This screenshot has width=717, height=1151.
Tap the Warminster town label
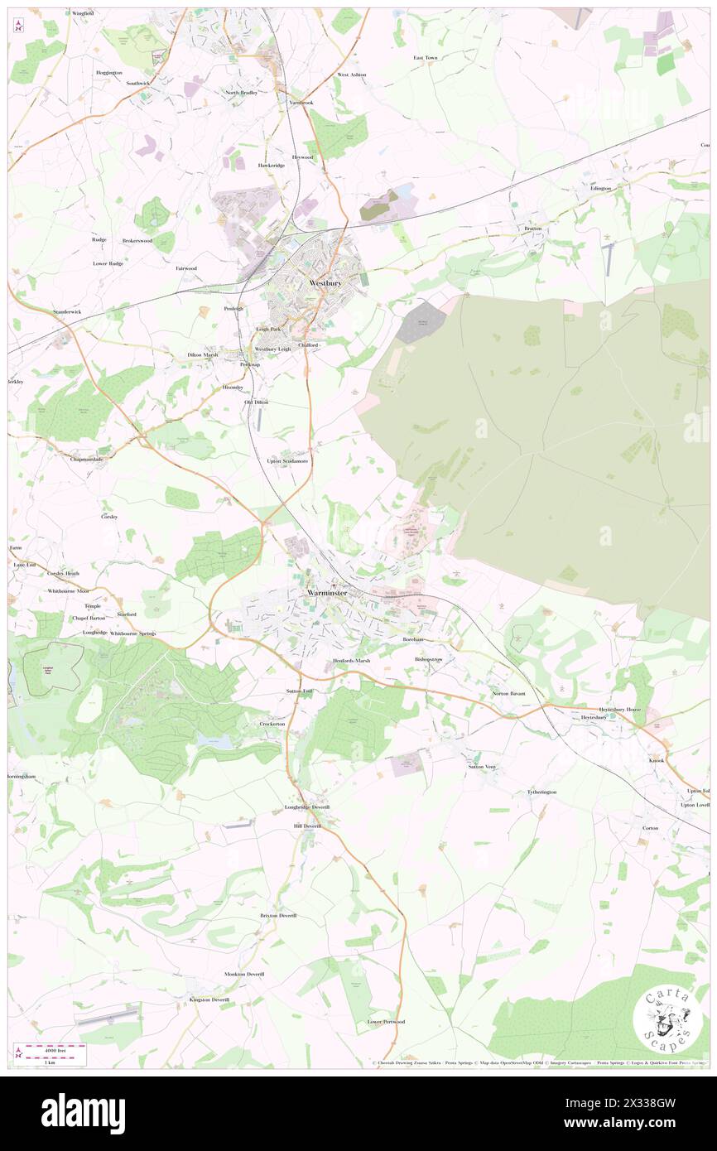[325, 594]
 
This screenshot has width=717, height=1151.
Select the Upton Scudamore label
[287, 460]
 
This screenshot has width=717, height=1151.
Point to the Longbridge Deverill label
[307, 807]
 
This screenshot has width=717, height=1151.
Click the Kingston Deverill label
[209, 999]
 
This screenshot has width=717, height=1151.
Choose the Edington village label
[600, 188]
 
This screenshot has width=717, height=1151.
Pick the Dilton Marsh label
[203, 354]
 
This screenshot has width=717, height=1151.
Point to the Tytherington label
[542, 792]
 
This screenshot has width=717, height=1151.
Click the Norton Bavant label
[509, 693]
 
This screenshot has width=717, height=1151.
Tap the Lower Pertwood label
[386, 1021]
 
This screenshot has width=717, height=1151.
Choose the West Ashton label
[351, 75]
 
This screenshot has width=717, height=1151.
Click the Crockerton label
[272, 723]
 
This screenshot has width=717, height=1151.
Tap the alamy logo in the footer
[84, 1112]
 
